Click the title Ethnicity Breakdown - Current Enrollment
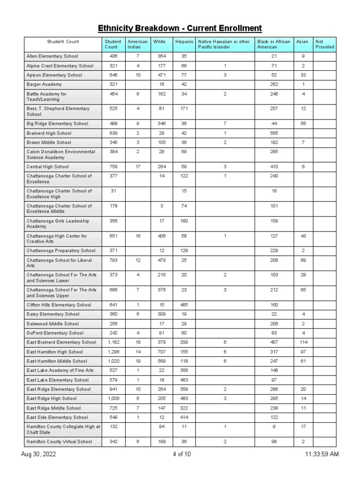pyautogui.click(x=180, y=29)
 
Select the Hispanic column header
pyautogui.click(x=184, y=42)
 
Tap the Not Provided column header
pyautogui.click(x=324, y=45)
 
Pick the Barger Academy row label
pyautogui.click(x=44, y=84)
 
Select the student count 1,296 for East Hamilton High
pyautogui.click(x=113, y=352)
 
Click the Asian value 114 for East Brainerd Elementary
pyautogui.click(x=303, y=342)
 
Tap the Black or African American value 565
pyautogui.click(x=274, y=133)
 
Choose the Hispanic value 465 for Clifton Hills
pyautogui.click(x=184, y=305)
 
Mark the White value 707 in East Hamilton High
pyautogui.click(x=162, y=352)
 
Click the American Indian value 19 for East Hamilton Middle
pyautogui.click(x=138, y=361)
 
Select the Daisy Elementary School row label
pyautogui.click(x=53, y=314)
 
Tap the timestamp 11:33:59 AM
pyautogui.click(x=322, y=454)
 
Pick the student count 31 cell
pyautogui.click(x=113, y=191)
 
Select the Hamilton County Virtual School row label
pyautogui.click(x=59, y=442)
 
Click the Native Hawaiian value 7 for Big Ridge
pyautogui.click(x=225, y=124)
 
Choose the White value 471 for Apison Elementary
pyautogui.click(x=162, y=75)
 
